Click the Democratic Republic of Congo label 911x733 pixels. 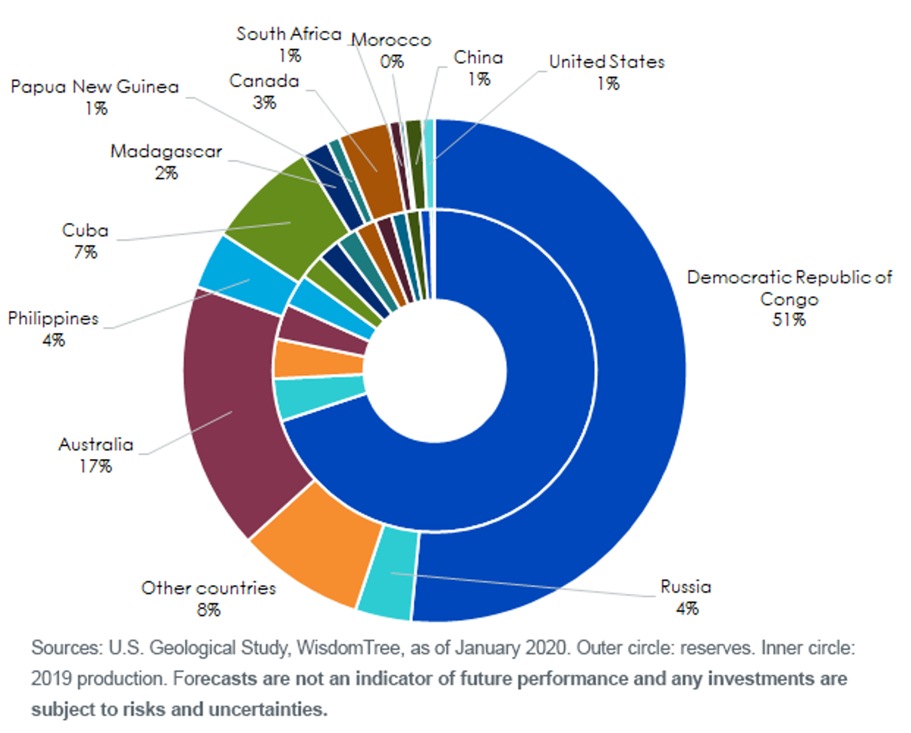pyautogui.click(x=790, y=288)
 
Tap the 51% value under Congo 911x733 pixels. pyautogui.click(x=789, y=319)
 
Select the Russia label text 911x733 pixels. pyautogui.click(x=686, y=587)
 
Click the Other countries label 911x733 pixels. pyautogui.click(x=208, y=588)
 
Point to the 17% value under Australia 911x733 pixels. pyautogui.click(x=96, y=467)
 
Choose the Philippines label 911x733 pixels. pyautogui.click(x=53, y=319)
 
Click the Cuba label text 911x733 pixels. pyautogui.click(x=85, y=231)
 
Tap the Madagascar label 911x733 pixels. pyautogui.click(x=166, y=152)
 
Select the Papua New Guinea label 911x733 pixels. pyautogui.click(x=95, y=87)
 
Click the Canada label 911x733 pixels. pyautogui.click(x=264, y=81)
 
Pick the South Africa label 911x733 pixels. pyautogui.click(x=288, y=34)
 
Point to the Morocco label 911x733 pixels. pyautogui.click(x=392, y=39)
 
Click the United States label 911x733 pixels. pyautogui.click(x=607, y=61)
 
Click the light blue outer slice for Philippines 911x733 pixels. pyautogui.click(x=247, y=275)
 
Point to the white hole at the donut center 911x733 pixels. pyautogui.click(x=435, y=371)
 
